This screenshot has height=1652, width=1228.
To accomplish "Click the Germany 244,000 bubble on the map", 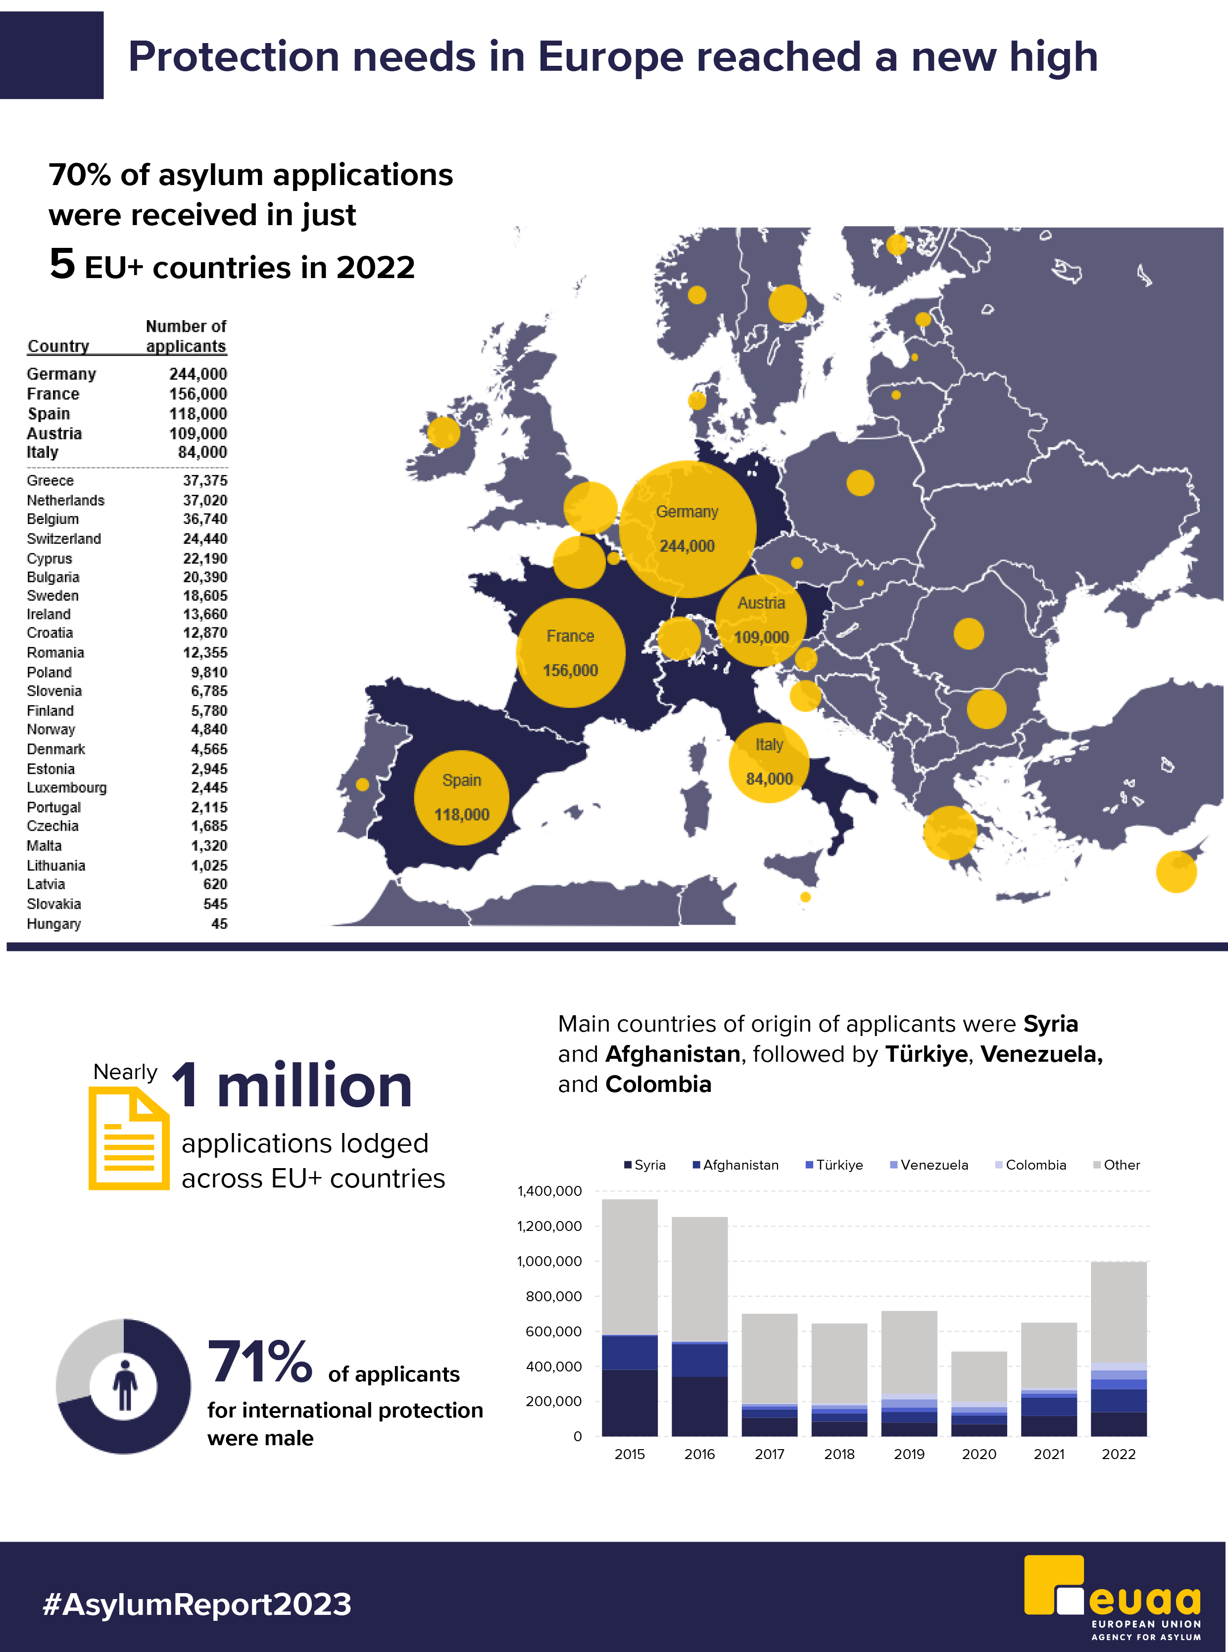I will click(687, 529).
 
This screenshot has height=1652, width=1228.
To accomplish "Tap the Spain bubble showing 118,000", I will click(462, 798).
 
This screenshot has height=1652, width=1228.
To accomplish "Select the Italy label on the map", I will click(769, 745).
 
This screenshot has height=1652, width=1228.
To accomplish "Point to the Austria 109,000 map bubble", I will click(761, 620).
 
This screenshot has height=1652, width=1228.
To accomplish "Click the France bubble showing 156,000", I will click(570, 653).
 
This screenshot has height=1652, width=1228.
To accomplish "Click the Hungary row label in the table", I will click(53, 924).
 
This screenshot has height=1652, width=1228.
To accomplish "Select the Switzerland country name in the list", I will click(64, 539).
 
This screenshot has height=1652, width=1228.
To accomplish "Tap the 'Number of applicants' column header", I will click(186, 336).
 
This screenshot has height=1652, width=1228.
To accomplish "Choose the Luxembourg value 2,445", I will click(209, 788).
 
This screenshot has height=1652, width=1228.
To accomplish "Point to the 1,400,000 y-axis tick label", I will click(549, 1191).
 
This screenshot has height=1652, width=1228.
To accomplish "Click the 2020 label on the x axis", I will click(979, 1454).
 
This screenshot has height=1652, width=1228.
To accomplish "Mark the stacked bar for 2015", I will click(630, 1317).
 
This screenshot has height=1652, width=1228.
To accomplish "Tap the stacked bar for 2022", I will click(1119, 1349).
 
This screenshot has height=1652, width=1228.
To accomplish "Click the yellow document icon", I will click(129, 1138).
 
